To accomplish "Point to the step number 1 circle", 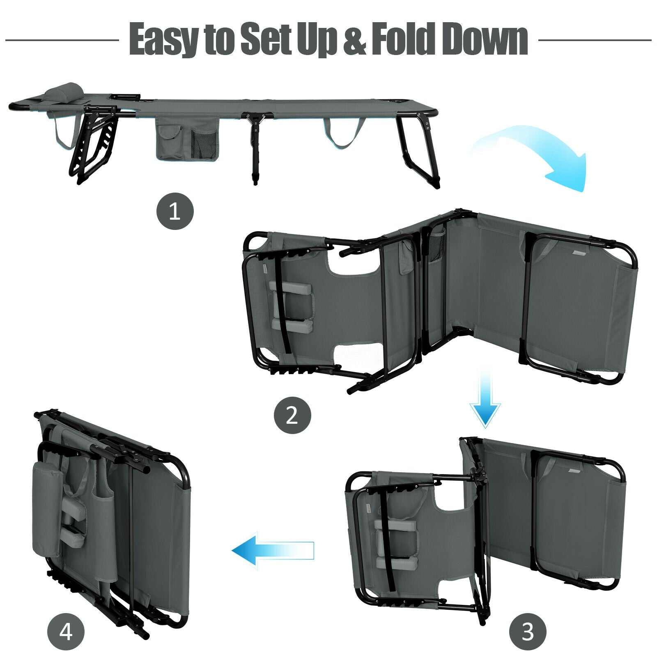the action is click(x=175, y=212).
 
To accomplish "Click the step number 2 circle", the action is click(x=292, y=416).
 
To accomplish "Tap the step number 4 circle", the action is click(x=66, y=633).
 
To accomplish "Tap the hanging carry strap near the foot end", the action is click(x=343, y=133).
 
